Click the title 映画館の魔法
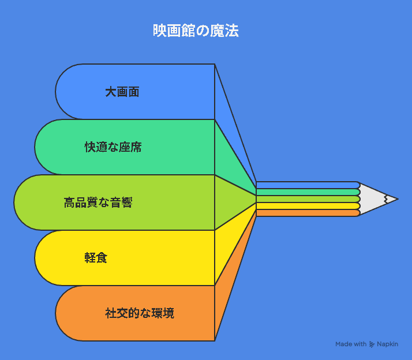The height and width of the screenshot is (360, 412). tap(196, 31)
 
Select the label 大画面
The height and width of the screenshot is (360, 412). tap(122, 92)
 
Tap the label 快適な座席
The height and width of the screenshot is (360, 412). tap(113, 147)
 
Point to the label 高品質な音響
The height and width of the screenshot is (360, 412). tap(98, 202)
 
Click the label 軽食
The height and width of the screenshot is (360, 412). tap(96, 258)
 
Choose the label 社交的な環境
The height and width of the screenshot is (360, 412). tap(140, 313)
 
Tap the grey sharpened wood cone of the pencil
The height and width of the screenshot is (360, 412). tap(373, 199)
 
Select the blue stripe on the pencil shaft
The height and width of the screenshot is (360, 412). tap(308, 185)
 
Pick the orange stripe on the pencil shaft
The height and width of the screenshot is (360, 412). tap(308, 213)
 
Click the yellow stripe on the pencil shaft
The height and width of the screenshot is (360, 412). tap(308, 206)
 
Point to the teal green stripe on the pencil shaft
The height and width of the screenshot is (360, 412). tap(308, 192)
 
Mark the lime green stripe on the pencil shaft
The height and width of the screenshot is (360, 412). tap(308, 199)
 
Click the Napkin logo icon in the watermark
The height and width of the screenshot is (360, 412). tap(372, 344)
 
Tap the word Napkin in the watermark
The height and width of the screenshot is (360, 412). tap(388, 344)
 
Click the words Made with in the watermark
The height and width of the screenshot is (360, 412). tap(351, 344)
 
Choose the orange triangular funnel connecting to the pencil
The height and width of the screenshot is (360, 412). tap(229, 289)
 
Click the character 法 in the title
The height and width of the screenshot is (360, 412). tap(232, 31)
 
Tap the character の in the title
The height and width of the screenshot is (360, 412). tap(203, 31)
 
